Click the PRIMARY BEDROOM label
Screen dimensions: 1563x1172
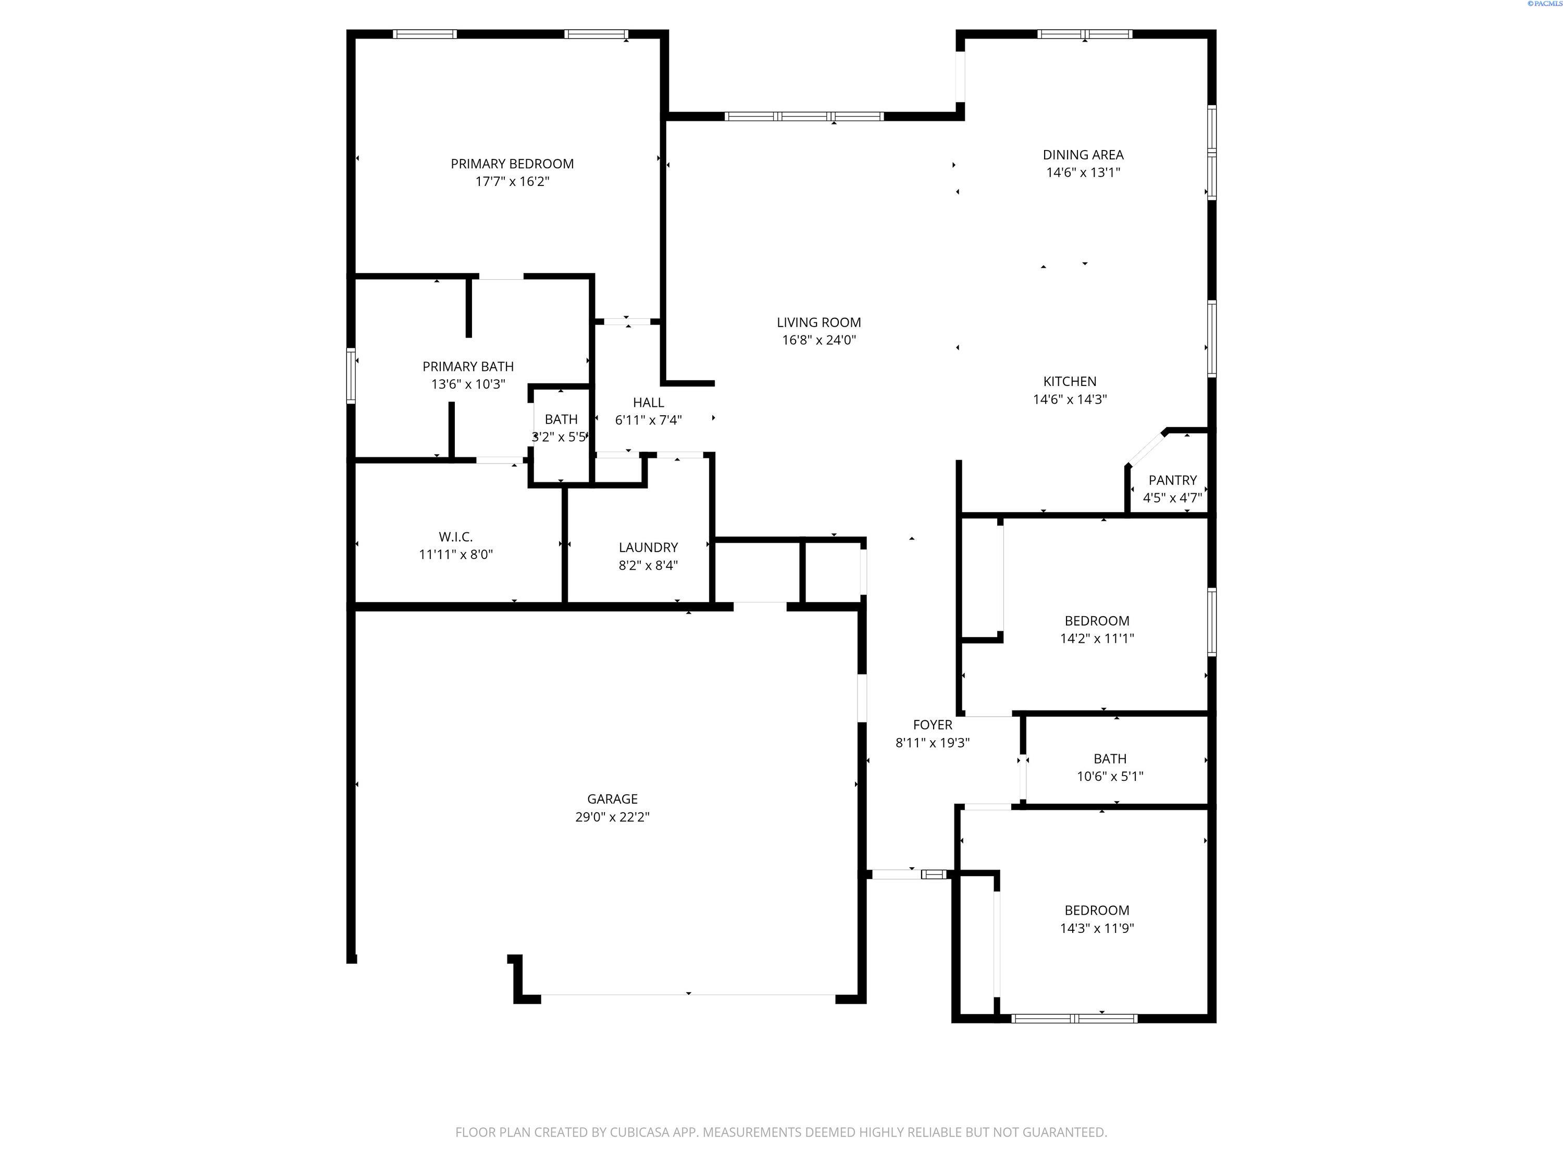point(512,164)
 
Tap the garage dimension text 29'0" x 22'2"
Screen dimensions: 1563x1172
point(612,817)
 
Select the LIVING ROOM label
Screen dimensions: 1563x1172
point(819,322)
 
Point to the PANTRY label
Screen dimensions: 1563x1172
point(1172,480)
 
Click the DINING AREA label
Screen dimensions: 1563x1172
point(1083,155)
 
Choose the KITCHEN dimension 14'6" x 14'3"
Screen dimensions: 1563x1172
point(1070,399)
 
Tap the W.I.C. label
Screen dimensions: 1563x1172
point(456,537)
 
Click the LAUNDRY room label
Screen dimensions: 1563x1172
point(648,547)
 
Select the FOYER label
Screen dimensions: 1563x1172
point(933,725)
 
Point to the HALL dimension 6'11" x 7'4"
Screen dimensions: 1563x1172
point(648,420)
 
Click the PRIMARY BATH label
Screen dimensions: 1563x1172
point(468,367)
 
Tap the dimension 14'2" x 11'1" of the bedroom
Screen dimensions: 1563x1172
point(1097,639)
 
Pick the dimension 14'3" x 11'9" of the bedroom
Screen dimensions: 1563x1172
point(1097,928)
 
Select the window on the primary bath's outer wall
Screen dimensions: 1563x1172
point(351,376)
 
